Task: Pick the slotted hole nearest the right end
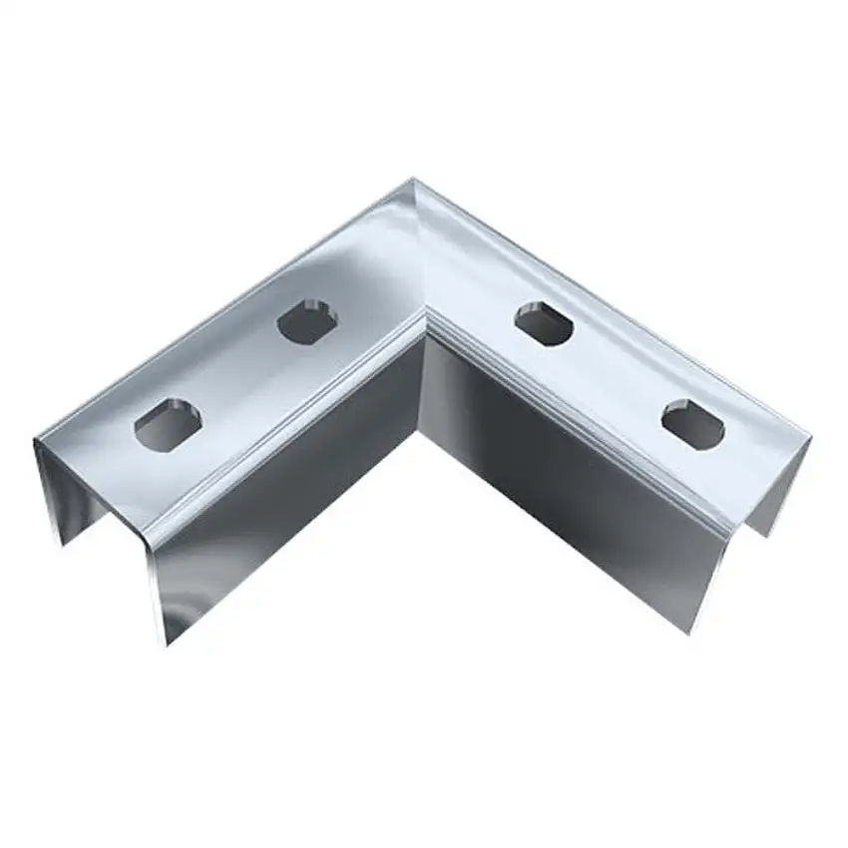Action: (692, 423)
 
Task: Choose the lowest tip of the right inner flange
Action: (686, 631)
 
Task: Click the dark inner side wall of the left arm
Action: (299, 469)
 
